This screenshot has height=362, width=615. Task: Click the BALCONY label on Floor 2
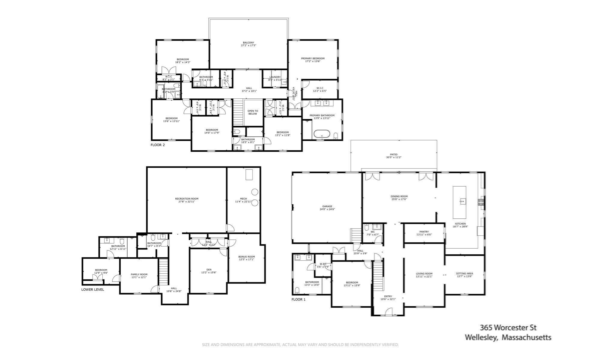tap(248, 43)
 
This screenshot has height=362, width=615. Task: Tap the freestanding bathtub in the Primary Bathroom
tap(321, 134)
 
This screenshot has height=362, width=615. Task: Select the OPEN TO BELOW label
tap(253, 112)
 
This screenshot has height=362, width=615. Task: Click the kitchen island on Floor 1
tap(459, 202)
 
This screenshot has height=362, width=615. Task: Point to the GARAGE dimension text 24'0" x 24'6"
tap(327, 209)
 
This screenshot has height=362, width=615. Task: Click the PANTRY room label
tap(424, 232)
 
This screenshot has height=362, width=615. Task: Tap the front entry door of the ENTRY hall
tap(388, 313)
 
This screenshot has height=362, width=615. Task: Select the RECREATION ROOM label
tap(186, 199)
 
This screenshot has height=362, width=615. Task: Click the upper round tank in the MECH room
tap(255, 192)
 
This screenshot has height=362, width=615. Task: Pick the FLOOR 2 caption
tap(158, 145)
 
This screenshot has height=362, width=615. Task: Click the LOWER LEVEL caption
tap(92, 289)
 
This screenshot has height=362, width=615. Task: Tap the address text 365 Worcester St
tap(508, 327)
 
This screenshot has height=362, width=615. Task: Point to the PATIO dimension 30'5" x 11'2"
tap(394, 157)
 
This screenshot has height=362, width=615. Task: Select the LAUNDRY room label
tap(275, 77)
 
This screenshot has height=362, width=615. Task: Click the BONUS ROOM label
tap(246, 257)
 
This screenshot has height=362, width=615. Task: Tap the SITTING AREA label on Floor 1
tap(464, 274)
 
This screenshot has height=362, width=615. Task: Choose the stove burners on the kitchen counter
tap(480, 202)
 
